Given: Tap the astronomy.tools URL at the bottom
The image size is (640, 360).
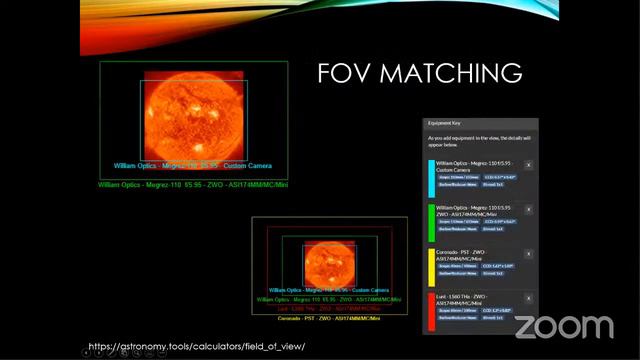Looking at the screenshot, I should point(196,346).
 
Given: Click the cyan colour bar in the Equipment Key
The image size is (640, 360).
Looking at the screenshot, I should point(431,176).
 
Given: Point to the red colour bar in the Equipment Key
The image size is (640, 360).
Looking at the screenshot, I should point(431,308).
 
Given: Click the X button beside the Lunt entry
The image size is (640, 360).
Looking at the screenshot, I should point(528,298).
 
